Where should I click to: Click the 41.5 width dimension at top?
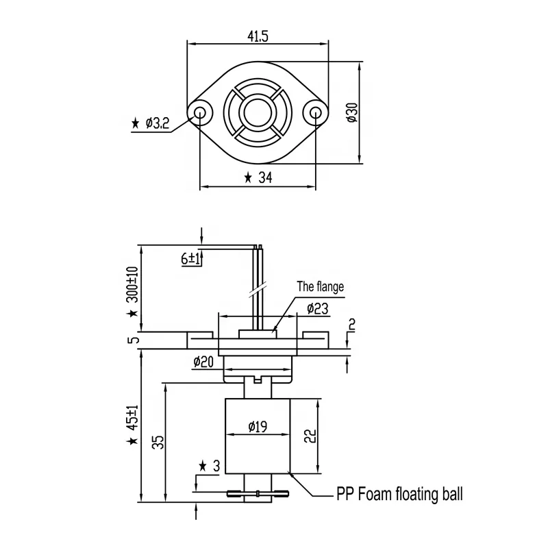[258, 36]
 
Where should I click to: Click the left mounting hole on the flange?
[201, 113]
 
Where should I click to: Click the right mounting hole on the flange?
[315, 113]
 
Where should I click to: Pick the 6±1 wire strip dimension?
[190, 258]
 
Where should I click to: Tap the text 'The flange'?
[320, 287]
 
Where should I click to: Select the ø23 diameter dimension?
[316, 309]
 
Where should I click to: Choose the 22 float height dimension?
[310, 435]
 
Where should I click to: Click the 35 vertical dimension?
[158, 442]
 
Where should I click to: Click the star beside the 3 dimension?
[203, 466]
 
